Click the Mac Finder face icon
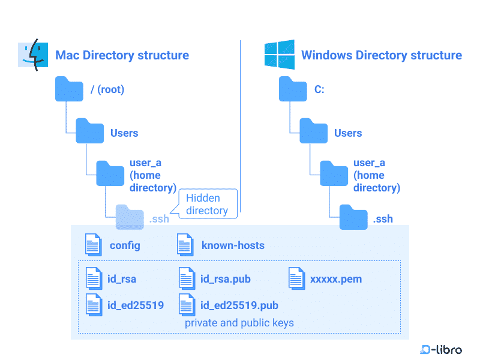[33, 55]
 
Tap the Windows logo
[280, 55]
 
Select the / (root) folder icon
[69, 89]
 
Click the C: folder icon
[293, 89]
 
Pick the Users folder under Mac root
[89, 131]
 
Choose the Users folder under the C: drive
[313, 131]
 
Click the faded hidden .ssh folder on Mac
[130, 217]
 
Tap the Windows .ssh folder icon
[353, 217]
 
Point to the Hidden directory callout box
[208, 204]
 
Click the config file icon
[94, 245]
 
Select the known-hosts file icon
[185, 245]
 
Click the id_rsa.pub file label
[226, 279]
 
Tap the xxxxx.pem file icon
[296, 278]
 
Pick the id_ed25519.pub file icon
[187, 305]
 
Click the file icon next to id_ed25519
[94, 305]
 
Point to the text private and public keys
[239, 323]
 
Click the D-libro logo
[441, 349]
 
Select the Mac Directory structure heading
[122, 55]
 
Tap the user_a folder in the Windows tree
[334, 173]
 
